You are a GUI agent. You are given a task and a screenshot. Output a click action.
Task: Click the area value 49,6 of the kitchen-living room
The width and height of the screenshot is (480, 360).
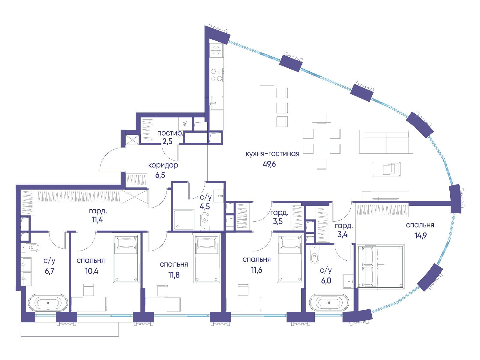click(x=269, y=164)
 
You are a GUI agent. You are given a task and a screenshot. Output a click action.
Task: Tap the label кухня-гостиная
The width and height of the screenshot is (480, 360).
click(x=272, y=154)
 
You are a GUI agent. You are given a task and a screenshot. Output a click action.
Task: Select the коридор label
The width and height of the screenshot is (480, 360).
click(x=163, y=165)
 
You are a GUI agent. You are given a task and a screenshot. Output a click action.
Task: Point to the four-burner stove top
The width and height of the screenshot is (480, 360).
click(x=216, y=75)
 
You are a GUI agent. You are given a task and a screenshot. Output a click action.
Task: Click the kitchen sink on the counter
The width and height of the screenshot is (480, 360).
click(x=217, y=103)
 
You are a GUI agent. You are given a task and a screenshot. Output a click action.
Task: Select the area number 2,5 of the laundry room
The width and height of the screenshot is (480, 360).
click(x=167, y=142)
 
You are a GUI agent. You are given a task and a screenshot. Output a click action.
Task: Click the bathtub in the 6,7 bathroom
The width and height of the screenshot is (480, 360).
click(x=48, y=303)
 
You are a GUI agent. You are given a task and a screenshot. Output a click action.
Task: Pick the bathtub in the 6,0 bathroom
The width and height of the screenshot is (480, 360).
click(x=329, y=302)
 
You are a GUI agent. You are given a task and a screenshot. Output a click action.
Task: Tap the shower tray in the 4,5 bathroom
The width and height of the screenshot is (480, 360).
click(x=184, y=220)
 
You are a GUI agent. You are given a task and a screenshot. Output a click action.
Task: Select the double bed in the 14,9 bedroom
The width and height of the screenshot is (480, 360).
click(x=380, y=266)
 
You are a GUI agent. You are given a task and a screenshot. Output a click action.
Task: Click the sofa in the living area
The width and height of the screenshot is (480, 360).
click(x=386, y=142)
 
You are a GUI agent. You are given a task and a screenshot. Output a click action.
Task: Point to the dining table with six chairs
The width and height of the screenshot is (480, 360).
click(x=322, y=141)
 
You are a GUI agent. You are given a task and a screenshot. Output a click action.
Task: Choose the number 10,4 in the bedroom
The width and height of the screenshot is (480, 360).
click(x=92, y=271)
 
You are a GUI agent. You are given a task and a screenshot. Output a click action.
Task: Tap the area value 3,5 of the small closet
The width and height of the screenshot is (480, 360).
click(x=278, y=221)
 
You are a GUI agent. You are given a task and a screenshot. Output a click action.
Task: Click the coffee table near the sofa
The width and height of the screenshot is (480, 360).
click(x=386, y=169)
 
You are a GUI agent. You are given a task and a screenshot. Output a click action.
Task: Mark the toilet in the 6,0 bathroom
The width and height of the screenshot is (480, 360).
click(x=314, y=254)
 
